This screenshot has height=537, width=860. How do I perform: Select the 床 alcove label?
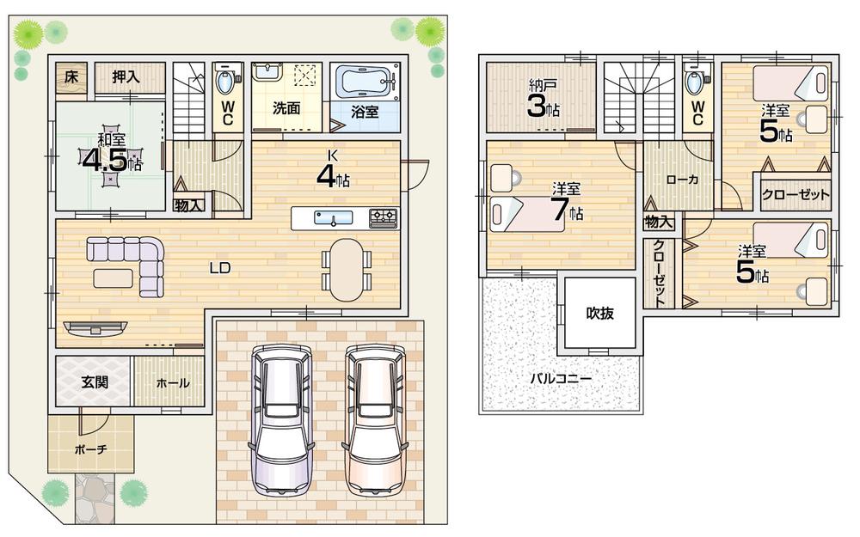click(x=71, y=76)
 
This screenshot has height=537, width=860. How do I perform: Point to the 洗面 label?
click(x=286, y=108)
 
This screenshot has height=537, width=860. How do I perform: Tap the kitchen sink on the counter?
click(x=330, y=219)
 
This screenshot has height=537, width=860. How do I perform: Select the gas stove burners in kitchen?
click(x=383, y=218)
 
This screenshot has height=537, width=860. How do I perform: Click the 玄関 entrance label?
click(x=95, y=382)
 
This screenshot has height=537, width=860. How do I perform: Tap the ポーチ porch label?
click(x=90, y=449)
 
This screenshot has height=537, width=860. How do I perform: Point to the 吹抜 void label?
click(x=600, y=313)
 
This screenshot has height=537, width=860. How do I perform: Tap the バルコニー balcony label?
click(x=560, y=377)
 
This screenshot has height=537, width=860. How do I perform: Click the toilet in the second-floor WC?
click(x=697, y=83)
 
